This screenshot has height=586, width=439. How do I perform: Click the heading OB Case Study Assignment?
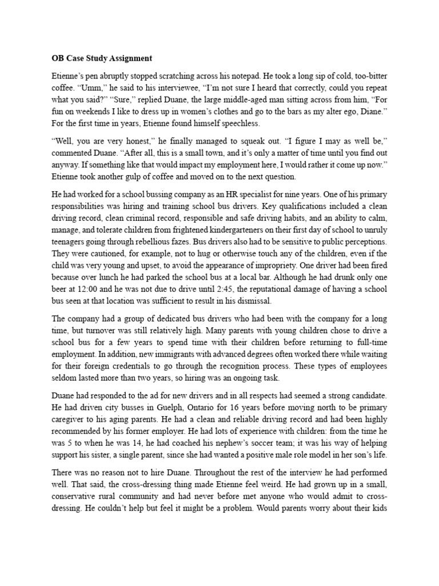tap(99, 58)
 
